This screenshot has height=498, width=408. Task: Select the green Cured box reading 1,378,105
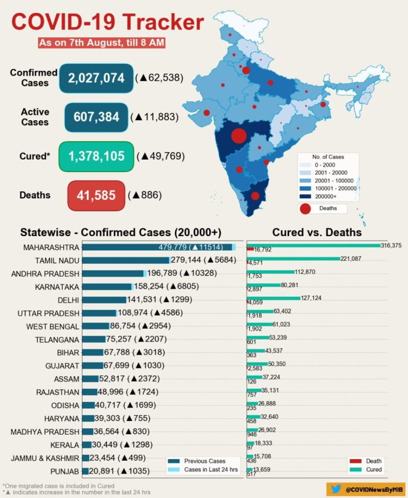coord(96,156)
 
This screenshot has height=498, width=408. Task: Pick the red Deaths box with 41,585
coord(96,195)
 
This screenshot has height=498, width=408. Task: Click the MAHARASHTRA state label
coord(51,247)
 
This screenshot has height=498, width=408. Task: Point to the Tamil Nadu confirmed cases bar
coord(125,260)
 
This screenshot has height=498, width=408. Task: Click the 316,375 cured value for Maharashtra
coord(391,245)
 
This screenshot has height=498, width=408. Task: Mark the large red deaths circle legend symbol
coord(305,209)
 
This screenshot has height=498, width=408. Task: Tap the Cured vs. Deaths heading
coord(317,233)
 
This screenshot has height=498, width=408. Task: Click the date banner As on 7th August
coord(101,43)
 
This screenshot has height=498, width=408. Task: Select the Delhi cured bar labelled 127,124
coord(274,299)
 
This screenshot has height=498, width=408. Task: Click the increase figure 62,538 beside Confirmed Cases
coord(160,78)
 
